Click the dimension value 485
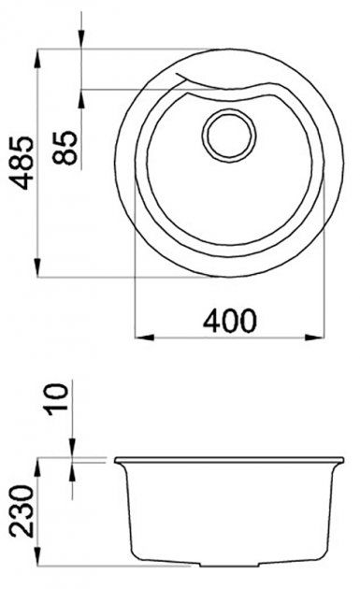(x=22, y=163)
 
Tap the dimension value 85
(x=65, y=148)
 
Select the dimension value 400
(x=230, y=321)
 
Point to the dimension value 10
(x=57, y=399)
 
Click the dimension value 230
(x=22, y=510)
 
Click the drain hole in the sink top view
(x=229, y=136)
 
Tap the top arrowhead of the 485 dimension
(x=37, y=59)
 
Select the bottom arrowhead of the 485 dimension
(x=37, y=267)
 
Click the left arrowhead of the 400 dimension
(x=144, y=337)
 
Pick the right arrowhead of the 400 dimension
(x=314, y=337)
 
